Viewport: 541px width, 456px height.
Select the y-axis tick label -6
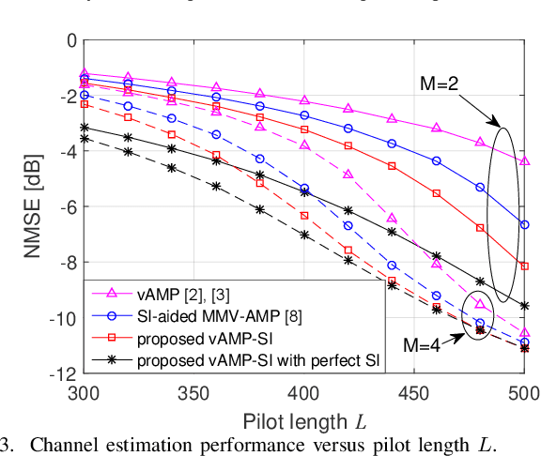pos(63,206)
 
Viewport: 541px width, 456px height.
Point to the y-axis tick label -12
pos(59,373)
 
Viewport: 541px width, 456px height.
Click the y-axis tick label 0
pos(70,40)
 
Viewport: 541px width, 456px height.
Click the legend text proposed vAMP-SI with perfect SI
pos(258,359)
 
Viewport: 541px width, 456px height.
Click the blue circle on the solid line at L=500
pos(524,225)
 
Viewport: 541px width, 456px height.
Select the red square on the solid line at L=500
pos(524,266)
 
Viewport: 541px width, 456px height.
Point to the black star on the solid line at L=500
pos(524,306)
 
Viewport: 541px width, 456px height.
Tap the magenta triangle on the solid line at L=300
pos(84,72)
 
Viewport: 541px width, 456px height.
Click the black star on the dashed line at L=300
pos(84,139)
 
